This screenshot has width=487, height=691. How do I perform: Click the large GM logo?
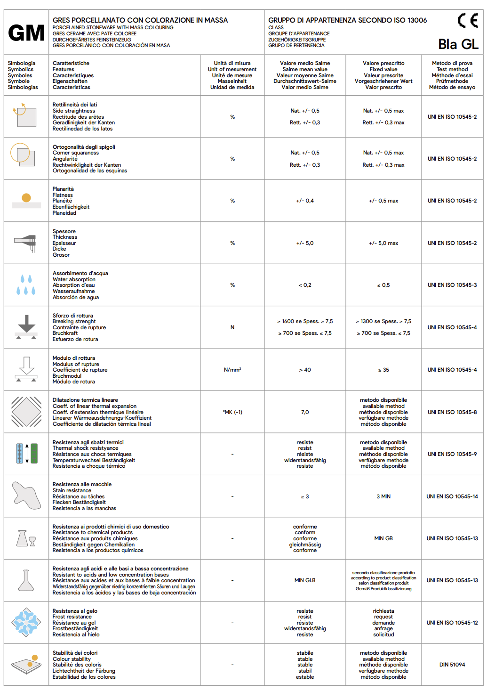[26, 33]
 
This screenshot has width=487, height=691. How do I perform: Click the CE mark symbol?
[468, 21]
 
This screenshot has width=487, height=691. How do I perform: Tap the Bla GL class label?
[458, 44]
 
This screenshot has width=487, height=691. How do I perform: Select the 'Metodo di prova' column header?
[452, 75]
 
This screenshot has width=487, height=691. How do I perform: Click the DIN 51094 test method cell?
[452, 665]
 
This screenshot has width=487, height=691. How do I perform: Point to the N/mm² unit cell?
[232, 370]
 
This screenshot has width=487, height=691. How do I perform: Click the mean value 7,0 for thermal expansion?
[305, 412]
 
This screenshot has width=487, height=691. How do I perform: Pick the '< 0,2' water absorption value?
[305, 285]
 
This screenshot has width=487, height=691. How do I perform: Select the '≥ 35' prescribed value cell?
[383, 370]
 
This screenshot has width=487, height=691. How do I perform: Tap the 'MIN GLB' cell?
[305, 580]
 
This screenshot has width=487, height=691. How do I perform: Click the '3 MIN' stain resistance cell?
[383, 496]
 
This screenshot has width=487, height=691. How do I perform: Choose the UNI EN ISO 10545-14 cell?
[452, 496]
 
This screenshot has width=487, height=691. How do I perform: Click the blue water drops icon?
[26, 285]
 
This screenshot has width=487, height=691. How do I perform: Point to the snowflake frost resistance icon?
[26, 622]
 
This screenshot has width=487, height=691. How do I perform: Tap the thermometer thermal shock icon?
[26, 454]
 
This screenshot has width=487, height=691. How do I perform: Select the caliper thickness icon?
[26, 243]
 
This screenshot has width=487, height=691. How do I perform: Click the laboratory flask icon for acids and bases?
[26, 580]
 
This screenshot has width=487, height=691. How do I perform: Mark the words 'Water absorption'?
[74, 279]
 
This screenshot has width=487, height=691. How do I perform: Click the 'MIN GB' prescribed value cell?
[383, 538]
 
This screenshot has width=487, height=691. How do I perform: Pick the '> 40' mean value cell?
[305, 370]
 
